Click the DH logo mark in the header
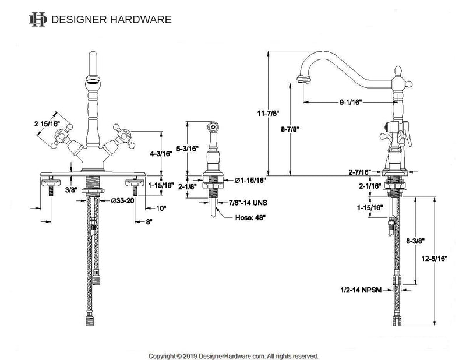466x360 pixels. click(x=38, y=19)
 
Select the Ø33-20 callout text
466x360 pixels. click(x=122, y=200)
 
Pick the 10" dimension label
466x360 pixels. click(x=161, y=207)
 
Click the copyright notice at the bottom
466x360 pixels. click(x=233, y=355)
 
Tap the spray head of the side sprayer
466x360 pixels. click(x=214, y=126)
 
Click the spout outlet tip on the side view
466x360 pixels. click(x=303, y=79)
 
